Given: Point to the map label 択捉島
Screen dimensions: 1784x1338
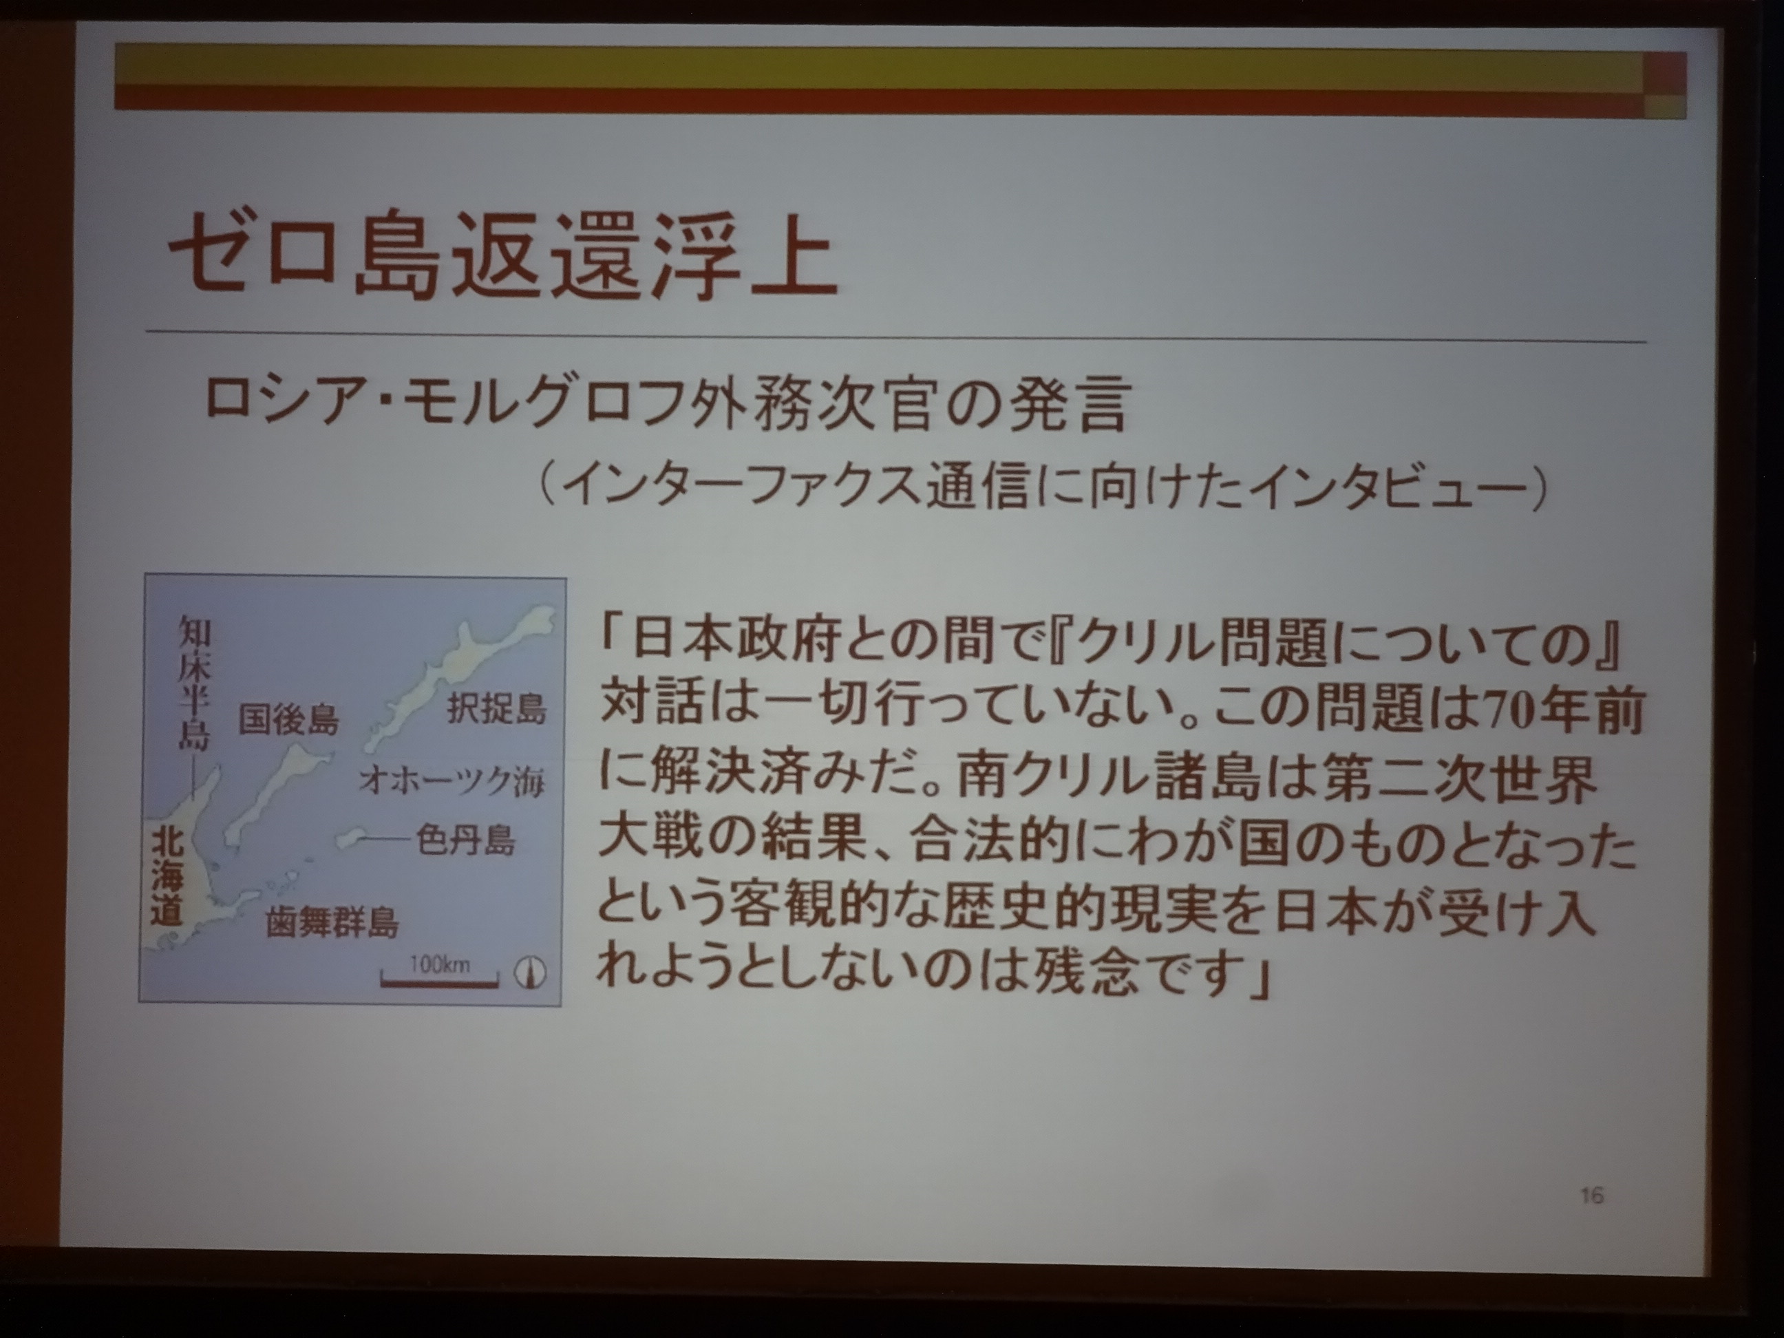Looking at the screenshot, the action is [497, 709].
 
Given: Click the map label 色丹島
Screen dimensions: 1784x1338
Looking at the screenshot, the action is [465, 841].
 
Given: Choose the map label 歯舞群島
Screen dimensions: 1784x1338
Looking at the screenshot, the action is [332, 923].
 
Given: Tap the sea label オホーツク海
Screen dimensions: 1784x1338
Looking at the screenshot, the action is [452, 780].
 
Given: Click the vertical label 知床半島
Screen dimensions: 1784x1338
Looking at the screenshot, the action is [193, 682].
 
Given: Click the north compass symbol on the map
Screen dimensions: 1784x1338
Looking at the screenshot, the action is [529, 972].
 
